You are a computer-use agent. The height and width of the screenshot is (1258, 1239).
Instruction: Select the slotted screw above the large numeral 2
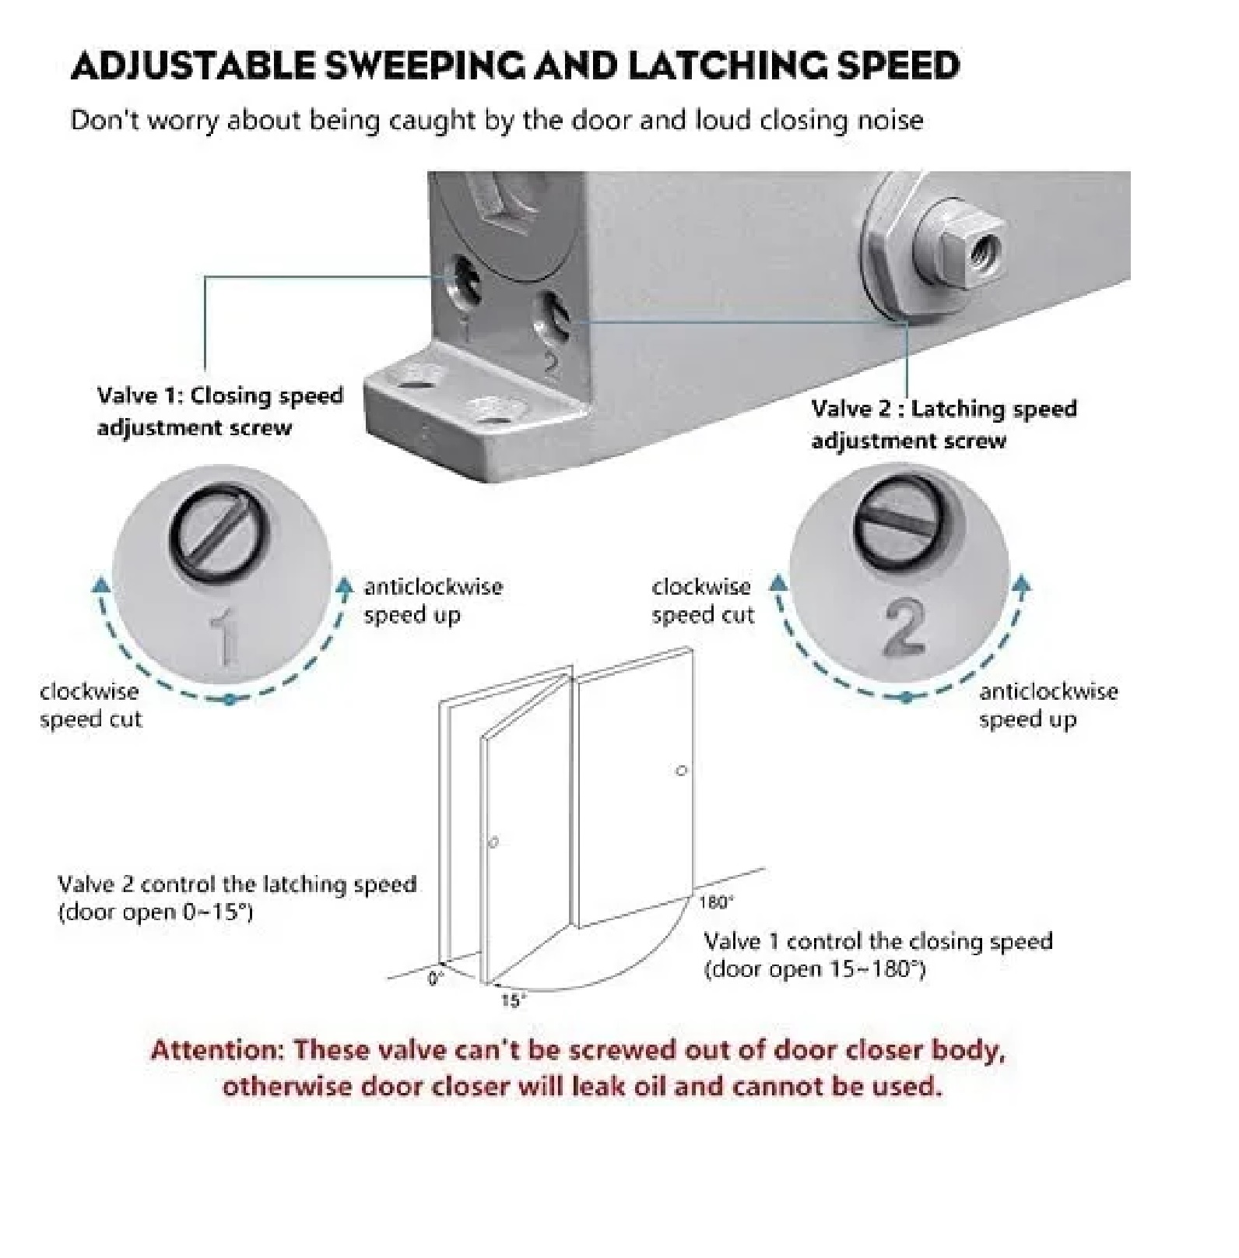tap(899, 522)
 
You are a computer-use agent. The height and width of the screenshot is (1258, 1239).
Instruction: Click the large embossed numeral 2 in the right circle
tap(904, 627)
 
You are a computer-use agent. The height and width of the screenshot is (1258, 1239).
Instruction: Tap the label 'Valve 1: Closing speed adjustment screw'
tap(219, 411)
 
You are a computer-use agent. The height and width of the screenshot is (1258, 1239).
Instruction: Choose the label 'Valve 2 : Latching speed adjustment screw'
tap(944, 424)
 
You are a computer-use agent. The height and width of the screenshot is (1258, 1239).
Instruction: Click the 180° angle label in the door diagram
tap(715, 902)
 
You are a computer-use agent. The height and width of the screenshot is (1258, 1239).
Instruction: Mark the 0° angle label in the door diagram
tap(435, 979)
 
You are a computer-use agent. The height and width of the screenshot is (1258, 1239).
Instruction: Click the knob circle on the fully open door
tap(682, 771)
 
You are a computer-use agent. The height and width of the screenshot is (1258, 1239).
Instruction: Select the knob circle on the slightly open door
tap(493, 842)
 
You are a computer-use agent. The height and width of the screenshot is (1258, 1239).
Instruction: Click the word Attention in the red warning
tap(219, 1050)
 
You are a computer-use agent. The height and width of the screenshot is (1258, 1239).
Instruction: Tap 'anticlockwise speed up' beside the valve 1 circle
tap(433, 600)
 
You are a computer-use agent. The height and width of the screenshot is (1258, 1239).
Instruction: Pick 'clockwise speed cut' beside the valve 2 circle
tap(703, 600)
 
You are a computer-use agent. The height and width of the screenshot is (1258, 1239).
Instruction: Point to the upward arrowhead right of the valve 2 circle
tap(1023, 585)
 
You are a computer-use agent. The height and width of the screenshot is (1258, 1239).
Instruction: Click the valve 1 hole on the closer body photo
tap(466, 282)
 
